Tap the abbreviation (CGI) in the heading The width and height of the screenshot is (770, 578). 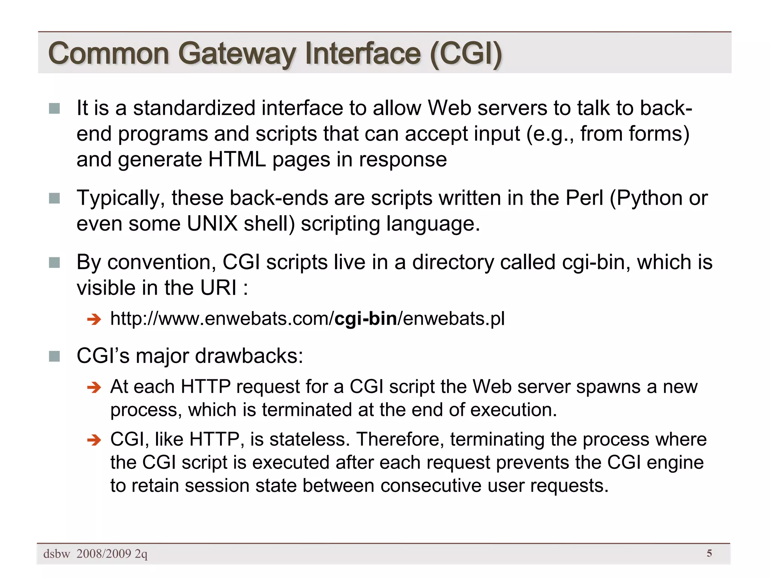pyautogui.click(x=466, y=54)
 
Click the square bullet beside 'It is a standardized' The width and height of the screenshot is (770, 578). pyautogui.click(x=55, y=108)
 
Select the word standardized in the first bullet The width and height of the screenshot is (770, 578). pyautogui.click(x=194, y=108)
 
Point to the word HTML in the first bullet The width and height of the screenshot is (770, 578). pyautogui.click(x=237, y=160)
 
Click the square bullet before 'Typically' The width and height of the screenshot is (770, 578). pyautogui.click(x=55, y=198)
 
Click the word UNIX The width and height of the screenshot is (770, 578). pyautogui.click(x=212, y=224)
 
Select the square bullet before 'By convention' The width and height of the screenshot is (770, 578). pyautogui.click(x=55, y=263)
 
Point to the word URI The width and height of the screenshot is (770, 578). pyautogui.click(x=218, y=288)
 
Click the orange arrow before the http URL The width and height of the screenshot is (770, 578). pyautogui.click(x=94, y=320)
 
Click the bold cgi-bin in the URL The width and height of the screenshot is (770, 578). pyautogui.click(x=365, y=319)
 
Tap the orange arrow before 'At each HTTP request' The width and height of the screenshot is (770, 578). pyautogui.click(x=94, y=387)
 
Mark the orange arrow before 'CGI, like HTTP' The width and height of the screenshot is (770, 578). pyautogui.click(x=94, y=440)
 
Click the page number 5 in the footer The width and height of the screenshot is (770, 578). pyautogui.click(x=709, y=553)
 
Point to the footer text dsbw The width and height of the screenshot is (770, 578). pyautogui.click(x=57, y=554)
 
